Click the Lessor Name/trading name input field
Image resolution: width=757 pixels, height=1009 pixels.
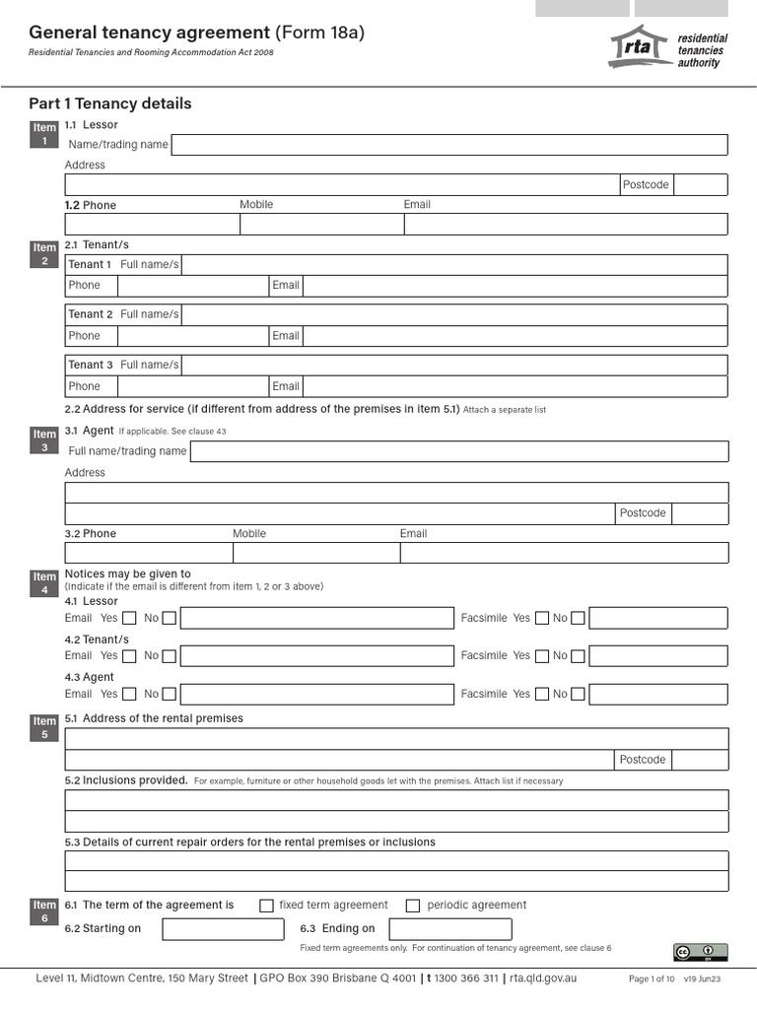point(449,145)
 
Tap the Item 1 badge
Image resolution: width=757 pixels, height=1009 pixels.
point(44,134)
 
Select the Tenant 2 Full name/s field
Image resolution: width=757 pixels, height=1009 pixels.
point(454,314)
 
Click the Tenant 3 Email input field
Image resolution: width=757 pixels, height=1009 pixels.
point(515,386)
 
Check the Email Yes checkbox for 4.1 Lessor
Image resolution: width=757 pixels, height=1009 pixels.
point(129,619)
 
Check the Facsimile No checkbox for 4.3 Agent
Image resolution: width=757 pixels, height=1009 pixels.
point(578,694)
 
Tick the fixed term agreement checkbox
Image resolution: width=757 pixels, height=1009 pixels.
point(266,906)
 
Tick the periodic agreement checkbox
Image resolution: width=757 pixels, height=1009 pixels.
point(413,906)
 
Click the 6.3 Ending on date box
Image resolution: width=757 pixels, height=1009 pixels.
point(450,929)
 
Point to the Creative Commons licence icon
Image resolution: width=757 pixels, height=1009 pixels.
point(700,952)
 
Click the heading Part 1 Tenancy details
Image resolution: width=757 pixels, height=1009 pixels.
point(110,103)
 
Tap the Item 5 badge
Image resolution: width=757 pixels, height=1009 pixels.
point(44,728)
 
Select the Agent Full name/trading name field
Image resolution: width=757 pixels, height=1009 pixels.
point(458,451)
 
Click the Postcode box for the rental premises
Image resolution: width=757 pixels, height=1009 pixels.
point(701,760)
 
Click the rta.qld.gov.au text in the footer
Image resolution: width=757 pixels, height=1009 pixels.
point(542,978)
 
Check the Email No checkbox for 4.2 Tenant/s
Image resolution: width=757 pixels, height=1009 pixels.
point(169,656)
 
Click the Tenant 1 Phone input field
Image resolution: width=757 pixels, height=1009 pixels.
point(193,286)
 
